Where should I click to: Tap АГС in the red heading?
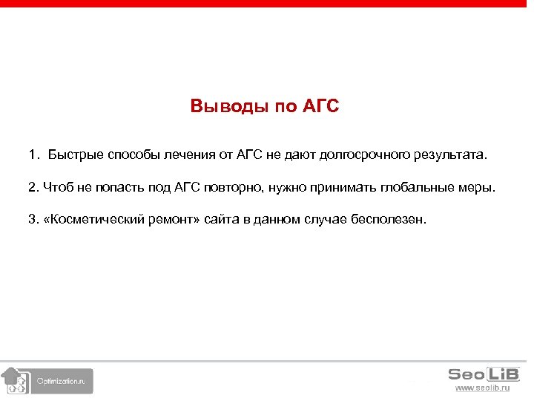320,106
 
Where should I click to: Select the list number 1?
33,155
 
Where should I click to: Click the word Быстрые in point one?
76,155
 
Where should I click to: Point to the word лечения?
188,155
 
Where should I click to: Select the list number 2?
32,187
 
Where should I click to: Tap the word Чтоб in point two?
57,187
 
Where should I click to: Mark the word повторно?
230,187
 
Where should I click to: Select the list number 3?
32,220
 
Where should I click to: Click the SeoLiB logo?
484,374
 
